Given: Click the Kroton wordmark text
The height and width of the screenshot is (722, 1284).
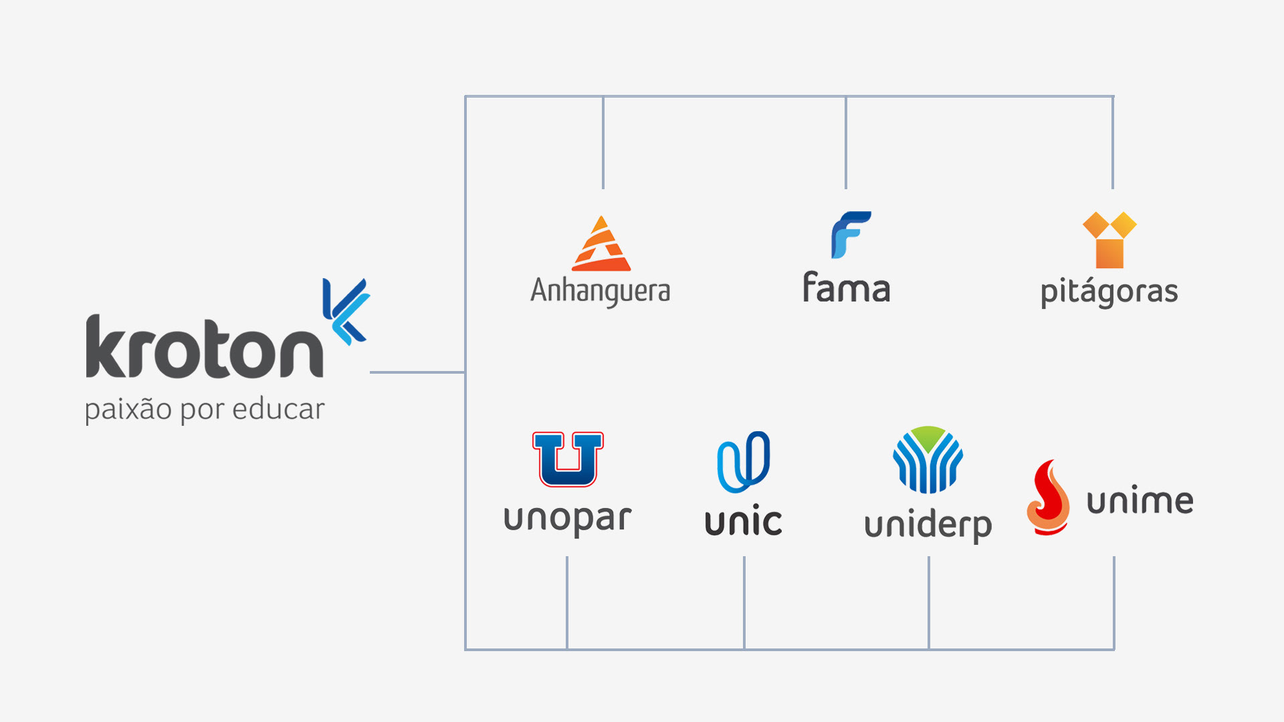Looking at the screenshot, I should (204, 348).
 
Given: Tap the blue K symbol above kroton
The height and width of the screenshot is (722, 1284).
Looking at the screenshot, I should (346, 311).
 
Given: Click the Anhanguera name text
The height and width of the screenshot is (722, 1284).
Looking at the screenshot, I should (600, 291).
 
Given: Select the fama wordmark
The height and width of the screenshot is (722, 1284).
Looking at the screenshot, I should (846, 288).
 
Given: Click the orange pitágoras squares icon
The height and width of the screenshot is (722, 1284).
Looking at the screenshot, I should (1109, 239).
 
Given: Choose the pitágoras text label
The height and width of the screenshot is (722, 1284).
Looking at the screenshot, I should (1109, 293).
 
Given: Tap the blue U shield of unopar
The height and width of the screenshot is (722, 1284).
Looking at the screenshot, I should (568, 459).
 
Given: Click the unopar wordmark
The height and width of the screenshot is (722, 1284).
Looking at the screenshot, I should (567, 519).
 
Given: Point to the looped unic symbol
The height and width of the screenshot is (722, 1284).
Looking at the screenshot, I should (744, 461).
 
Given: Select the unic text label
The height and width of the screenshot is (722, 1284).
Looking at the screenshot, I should (743, 521).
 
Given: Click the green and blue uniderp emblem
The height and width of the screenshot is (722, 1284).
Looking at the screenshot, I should (928, 460).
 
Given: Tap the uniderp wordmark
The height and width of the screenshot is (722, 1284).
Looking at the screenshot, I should (928, 526).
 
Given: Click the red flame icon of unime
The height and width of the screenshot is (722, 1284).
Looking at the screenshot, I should (1049, 498).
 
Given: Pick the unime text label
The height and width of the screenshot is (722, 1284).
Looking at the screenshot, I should (1140, 501).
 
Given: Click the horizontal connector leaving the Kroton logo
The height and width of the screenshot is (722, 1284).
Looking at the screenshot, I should (417, 372).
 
